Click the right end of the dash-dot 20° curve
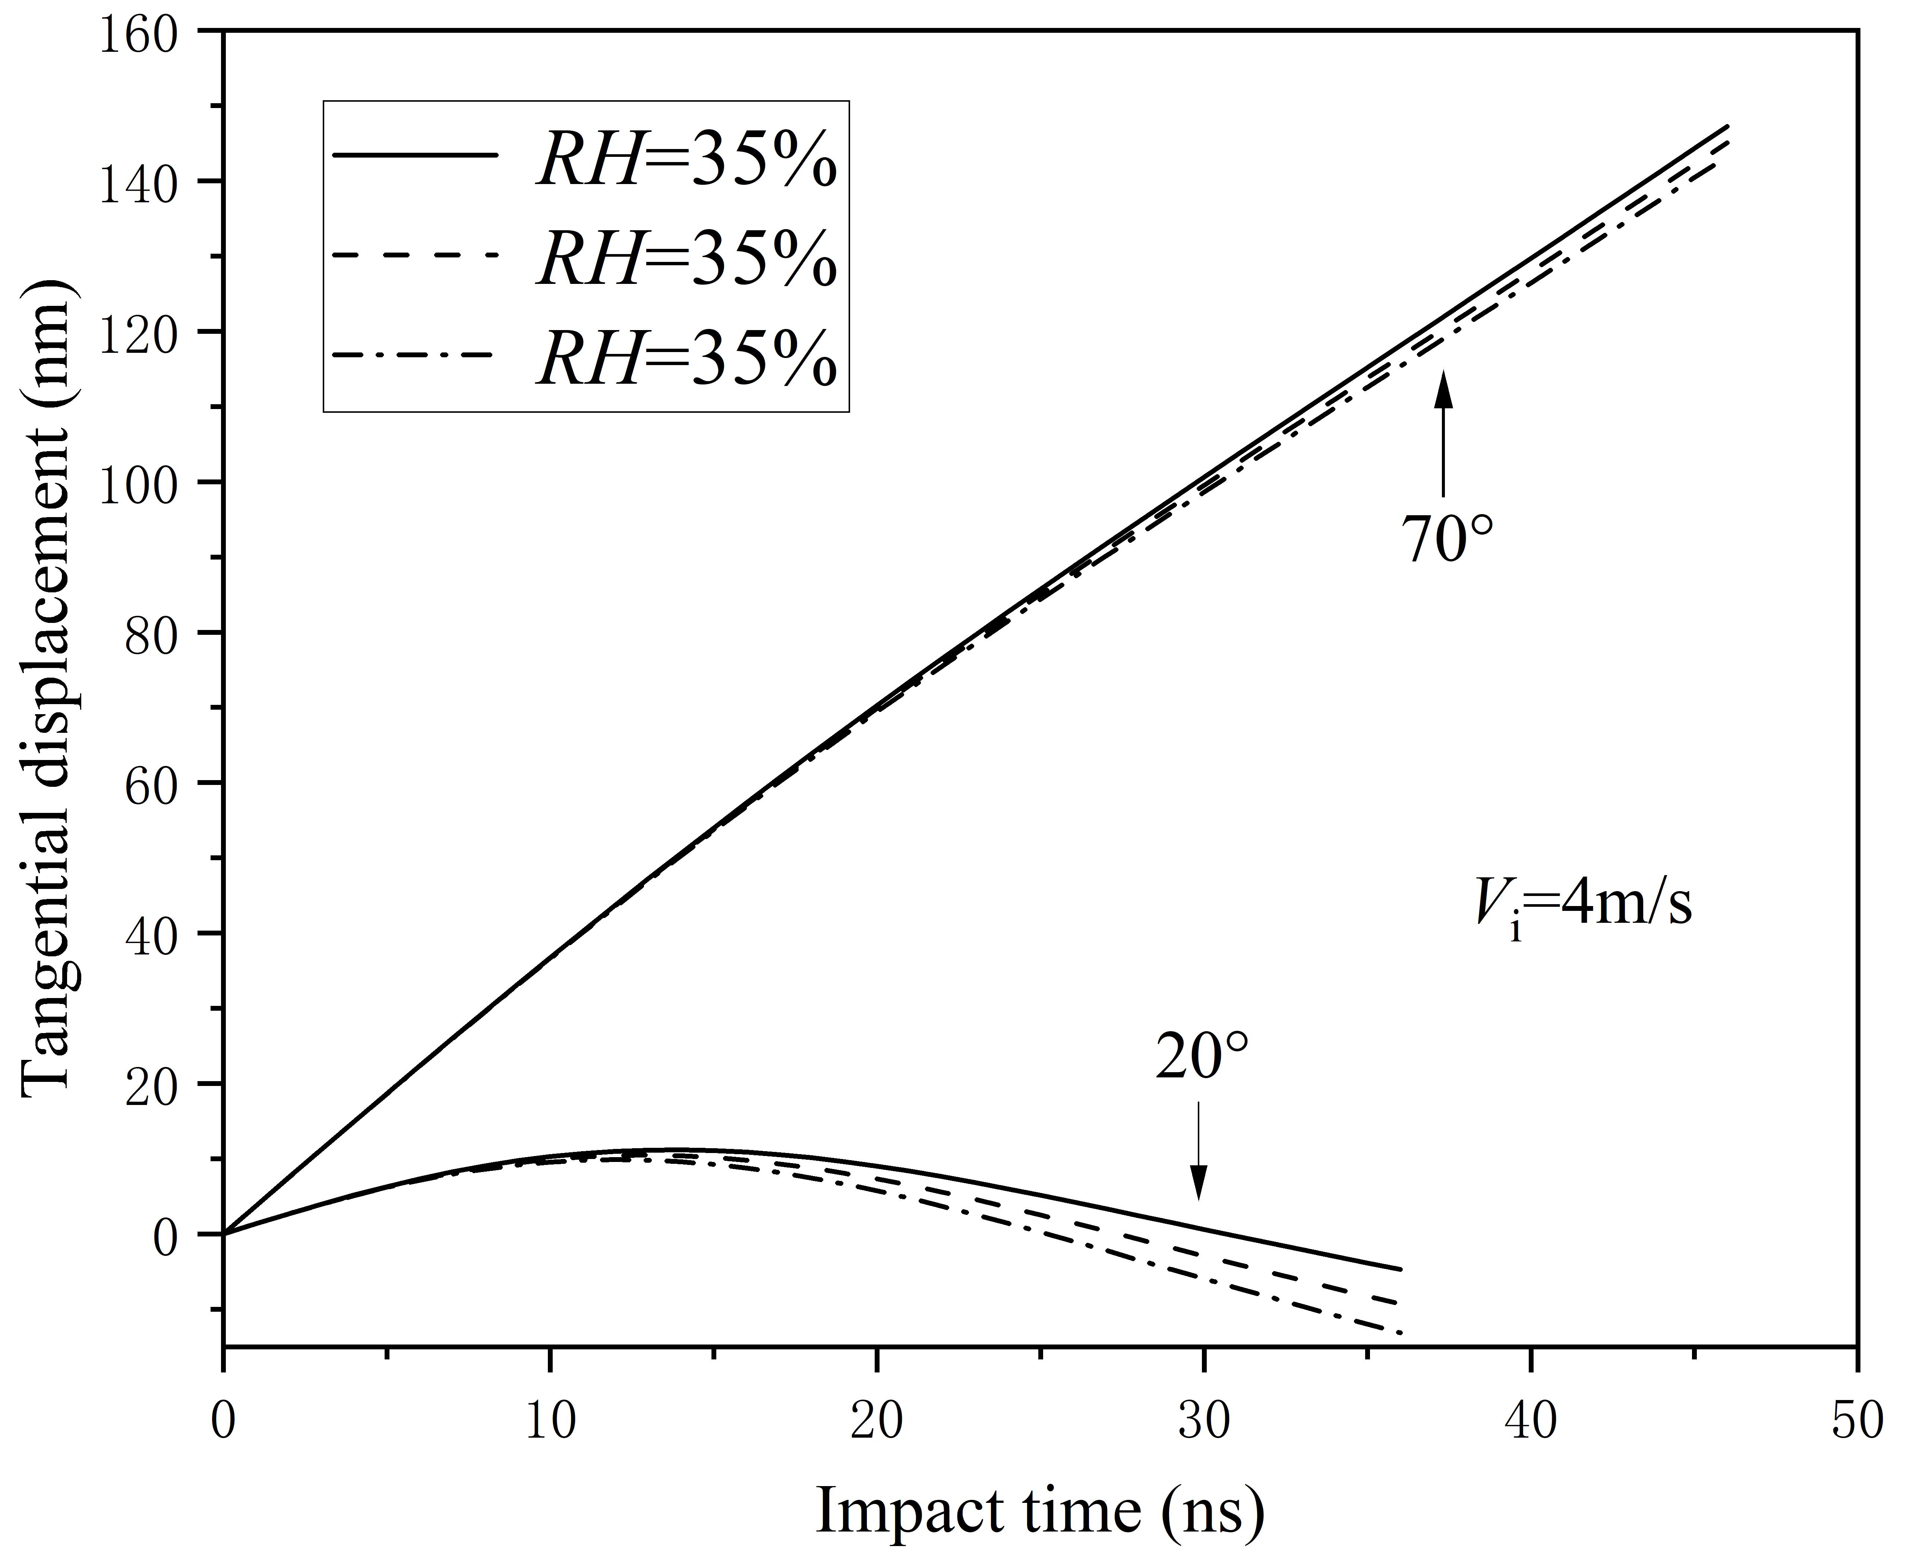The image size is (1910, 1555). (1399, 1334)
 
